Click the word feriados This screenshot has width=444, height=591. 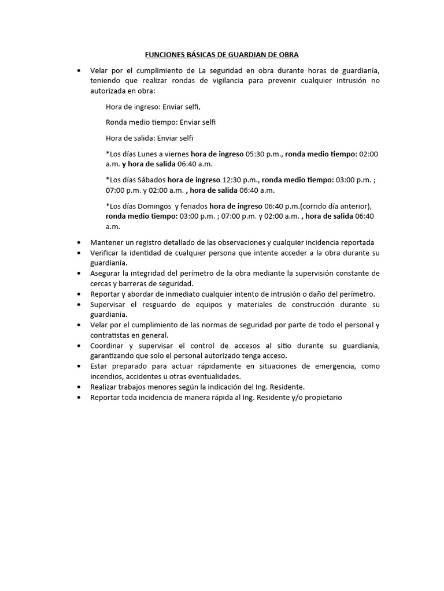point(193,206)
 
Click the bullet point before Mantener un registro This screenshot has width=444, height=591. point(79,242)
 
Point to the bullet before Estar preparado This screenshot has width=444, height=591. point(79,366)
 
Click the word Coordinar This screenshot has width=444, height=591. point(107,346)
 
